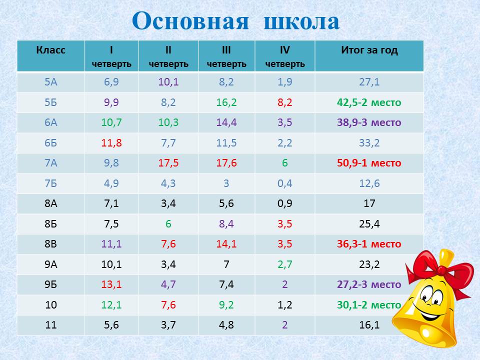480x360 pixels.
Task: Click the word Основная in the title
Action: pyautogui.click(x=190, y=21)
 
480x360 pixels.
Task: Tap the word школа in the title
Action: pyautogui.click(x=301, y=21)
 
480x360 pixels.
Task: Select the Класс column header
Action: pyautogui.click(x=51, y=50)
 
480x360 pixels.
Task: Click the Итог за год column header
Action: pyautogui.click(x=369, y=50)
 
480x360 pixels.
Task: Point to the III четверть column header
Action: pyautogui.click(x=226, y=56)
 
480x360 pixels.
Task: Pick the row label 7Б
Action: pyautogui.click(x=51, y=183)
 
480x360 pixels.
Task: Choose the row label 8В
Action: pyautogui.click(x=51, y=244)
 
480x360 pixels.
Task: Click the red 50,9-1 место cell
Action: pyautogui.click(x=369, y=163)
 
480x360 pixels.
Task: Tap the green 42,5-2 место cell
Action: pyautogui.click(x=369, y=102)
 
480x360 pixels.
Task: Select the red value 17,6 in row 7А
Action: pyautogui.click(x=226, y=163)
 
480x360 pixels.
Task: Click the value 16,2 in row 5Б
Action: pyautogui.click(x=226, y=102)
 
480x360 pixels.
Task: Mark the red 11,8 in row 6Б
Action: pyautogui.click(x=111, y=142)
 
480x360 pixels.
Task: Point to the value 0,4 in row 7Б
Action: pyautogui.click(x=284, y=183)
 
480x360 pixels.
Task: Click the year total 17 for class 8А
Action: pyautogui.click(x=369, y=203)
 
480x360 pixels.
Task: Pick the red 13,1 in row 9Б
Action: pyautogui.click(x=111, y=284)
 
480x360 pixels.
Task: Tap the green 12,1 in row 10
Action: pyautogui.click(x=111, y=304)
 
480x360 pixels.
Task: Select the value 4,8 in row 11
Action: pyautogui.click(x=226, y=325)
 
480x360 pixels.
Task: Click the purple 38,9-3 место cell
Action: pyautogui.click(x=369, y=122)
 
